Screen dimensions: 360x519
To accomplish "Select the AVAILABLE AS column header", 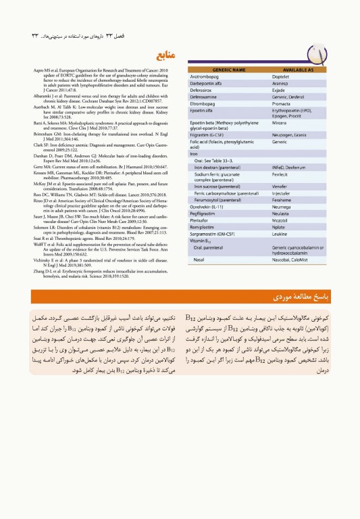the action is click(x=298, y=70).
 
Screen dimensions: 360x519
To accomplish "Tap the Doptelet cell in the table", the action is click(x=282, y=78).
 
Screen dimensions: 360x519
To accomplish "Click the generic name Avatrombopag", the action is click(x=209, y=78).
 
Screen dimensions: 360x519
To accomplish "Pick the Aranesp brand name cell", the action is click(x=281, y=86).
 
